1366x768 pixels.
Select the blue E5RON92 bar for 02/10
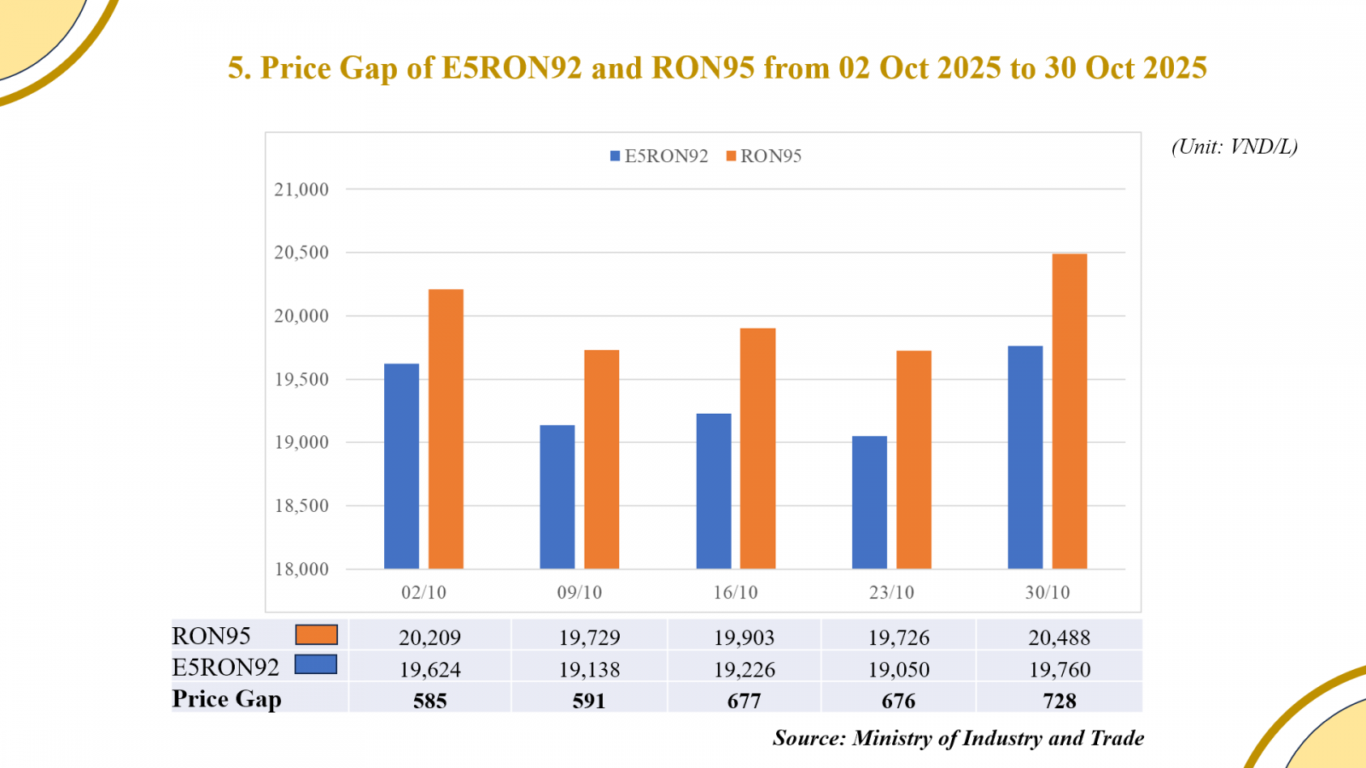coord(401,466)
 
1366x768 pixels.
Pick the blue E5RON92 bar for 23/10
coord(869,503)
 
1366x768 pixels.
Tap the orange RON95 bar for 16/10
coord(757,448)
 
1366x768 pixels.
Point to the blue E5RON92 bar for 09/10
coord(557,497)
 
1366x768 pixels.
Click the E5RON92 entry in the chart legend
coord(658,156)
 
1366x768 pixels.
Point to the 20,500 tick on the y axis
coord(301,253)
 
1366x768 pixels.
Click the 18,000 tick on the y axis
coord(301,569)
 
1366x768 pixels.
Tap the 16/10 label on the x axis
coord(735,592)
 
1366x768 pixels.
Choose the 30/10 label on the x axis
coord(1047,592)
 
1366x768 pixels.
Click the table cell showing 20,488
coord(1059,637)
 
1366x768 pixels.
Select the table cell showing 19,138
coord(589,670)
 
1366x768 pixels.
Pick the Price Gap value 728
coord(1059,701)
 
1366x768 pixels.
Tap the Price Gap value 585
coord(429,701)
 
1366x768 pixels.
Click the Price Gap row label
coord(226,699)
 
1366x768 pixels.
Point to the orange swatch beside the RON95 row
coord(316,635)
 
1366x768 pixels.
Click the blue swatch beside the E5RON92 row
coord(316,665)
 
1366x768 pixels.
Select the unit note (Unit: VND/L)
coord(1234,147)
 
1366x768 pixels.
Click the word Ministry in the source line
coord(892,738)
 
